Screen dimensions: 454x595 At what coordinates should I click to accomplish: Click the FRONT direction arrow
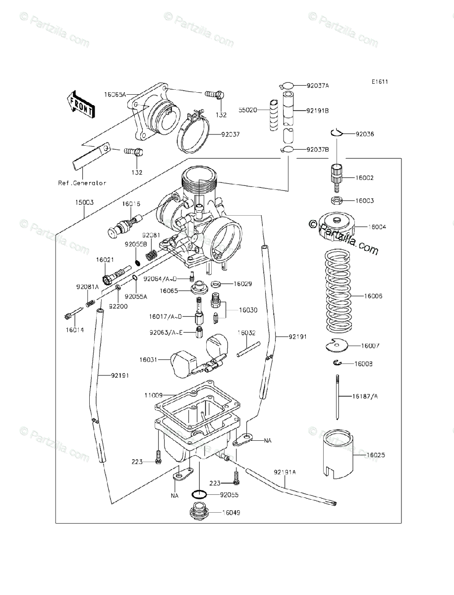[x=81, y=105]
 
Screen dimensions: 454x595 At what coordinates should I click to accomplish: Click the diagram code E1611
[x=380, y=82]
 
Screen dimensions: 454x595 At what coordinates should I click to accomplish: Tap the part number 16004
[x=377, y=227]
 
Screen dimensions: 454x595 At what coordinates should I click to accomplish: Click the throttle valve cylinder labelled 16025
[x=339, y=453]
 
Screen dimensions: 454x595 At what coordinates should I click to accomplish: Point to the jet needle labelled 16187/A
[x=337, y=397]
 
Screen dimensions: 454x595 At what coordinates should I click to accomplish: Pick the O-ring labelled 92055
[x=199, y=495]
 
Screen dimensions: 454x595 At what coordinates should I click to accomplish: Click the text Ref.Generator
[x=82, y=183]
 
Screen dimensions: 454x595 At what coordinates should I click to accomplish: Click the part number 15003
[x=85, y=202]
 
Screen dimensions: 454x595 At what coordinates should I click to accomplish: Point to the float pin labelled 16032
[x=248, y=350]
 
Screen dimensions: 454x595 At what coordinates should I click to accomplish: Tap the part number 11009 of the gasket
[x=153, y=396]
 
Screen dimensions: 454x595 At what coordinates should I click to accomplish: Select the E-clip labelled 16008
[x=337, y=362]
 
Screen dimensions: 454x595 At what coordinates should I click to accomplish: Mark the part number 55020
[x=248, y=110]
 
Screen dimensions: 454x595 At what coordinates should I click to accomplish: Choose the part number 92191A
[x=284, y=472]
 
